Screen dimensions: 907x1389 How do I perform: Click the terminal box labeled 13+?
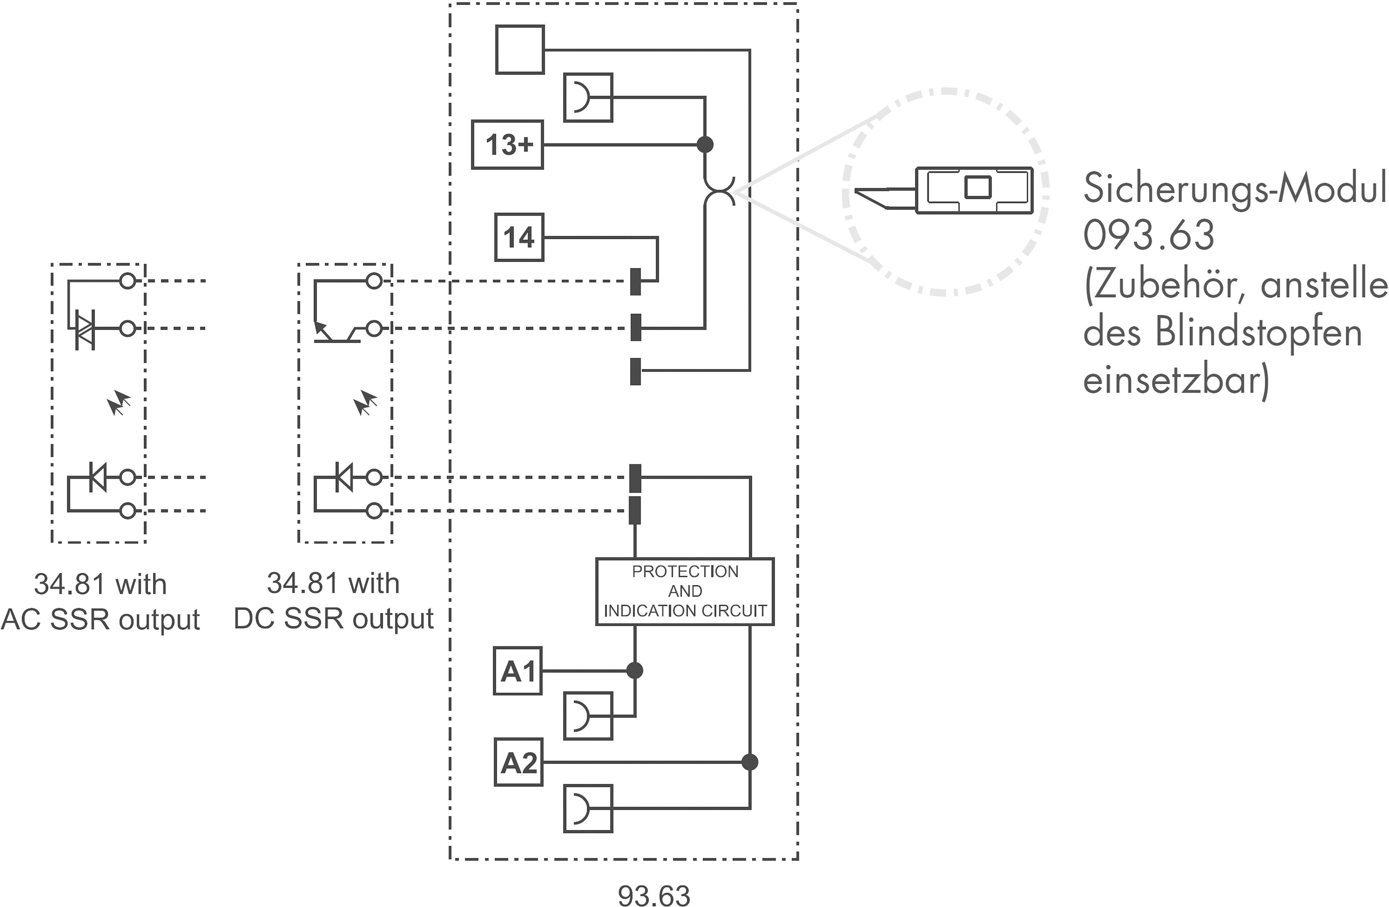coord(507,145)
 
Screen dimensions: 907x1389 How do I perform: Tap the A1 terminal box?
coord(518,671)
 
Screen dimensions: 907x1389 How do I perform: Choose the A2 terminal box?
coord(518,762)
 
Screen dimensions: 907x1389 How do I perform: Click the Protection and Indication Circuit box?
coord(685,591)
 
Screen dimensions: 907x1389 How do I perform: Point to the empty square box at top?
coord(519,50)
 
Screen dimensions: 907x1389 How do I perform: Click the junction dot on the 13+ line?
coord(705,144)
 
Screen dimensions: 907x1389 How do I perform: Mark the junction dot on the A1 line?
coord(635,671)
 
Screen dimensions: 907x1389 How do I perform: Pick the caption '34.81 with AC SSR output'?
coord(100,601)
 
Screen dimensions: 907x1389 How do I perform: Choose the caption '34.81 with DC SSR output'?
coord(333,601)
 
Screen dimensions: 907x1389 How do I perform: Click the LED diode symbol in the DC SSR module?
coord(344,477)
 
